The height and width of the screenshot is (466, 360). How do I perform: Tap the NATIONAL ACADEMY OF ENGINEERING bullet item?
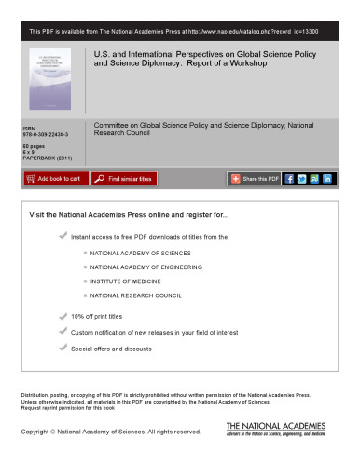tap(151, 267)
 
